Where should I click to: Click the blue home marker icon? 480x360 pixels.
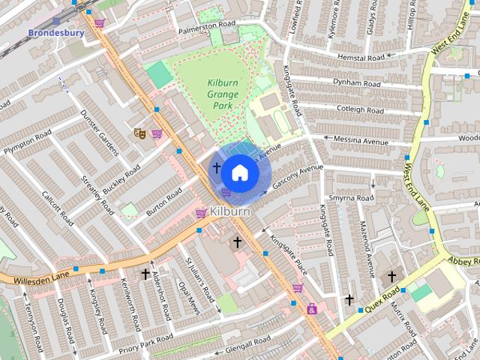click(x=239, y=172)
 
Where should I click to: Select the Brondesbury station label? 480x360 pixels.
click(x=55, y=33)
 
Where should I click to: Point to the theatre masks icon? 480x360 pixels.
click(x=139, y=133)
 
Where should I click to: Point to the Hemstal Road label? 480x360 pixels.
click(x=361, y=58)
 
